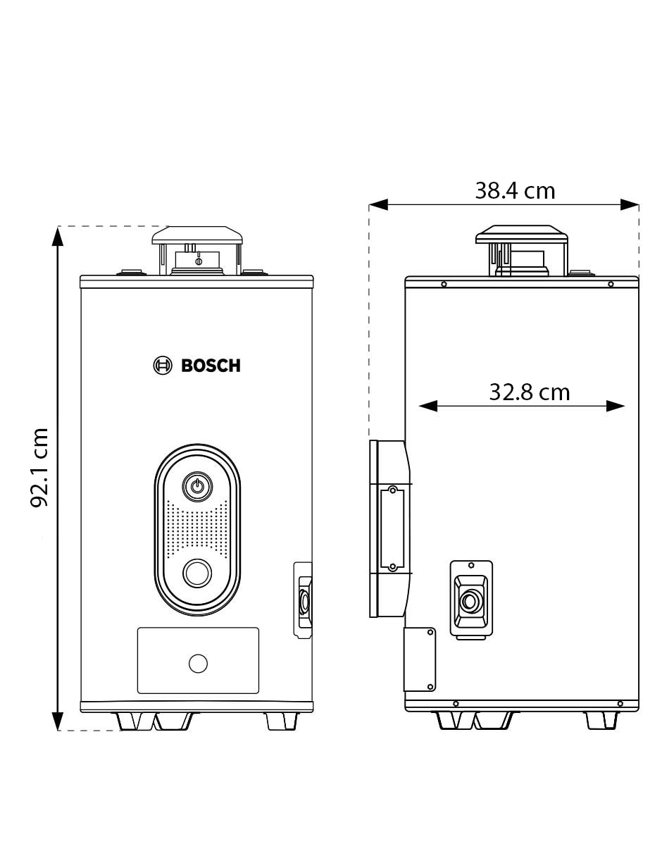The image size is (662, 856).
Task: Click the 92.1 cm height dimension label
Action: (39, 467)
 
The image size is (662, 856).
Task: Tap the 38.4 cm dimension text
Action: (515, 191)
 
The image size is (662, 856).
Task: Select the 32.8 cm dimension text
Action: (530, 392)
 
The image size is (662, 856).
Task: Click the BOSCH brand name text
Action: (211, 366)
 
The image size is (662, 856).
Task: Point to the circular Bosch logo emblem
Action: (163, 366)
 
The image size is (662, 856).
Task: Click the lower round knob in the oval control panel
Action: (197, 573)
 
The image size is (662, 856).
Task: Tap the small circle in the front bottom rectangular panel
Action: (198, 664)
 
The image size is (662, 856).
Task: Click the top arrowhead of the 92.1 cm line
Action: (58, 236)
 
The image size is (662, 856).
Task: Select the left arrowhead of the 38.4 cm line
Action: (379, 204)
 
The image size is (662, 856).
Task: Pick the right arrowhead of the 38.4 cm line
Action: (630, 204)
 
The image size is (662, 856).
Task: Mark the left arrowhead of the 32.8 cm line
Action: (428, 406)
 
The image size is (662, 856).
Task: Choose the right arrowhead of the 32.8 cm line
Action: (615, 406)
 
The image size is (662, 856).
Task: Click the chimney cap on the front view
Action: (197, 235)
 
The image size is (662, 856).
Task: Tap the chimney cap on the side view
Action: (521, 234)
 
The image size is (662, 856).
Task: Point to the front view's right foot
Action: (282, 721)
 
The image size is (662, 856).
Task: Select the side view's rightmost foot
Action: (602, 720)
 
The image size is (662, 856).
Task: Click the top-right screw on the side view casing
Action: (611, 284)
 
